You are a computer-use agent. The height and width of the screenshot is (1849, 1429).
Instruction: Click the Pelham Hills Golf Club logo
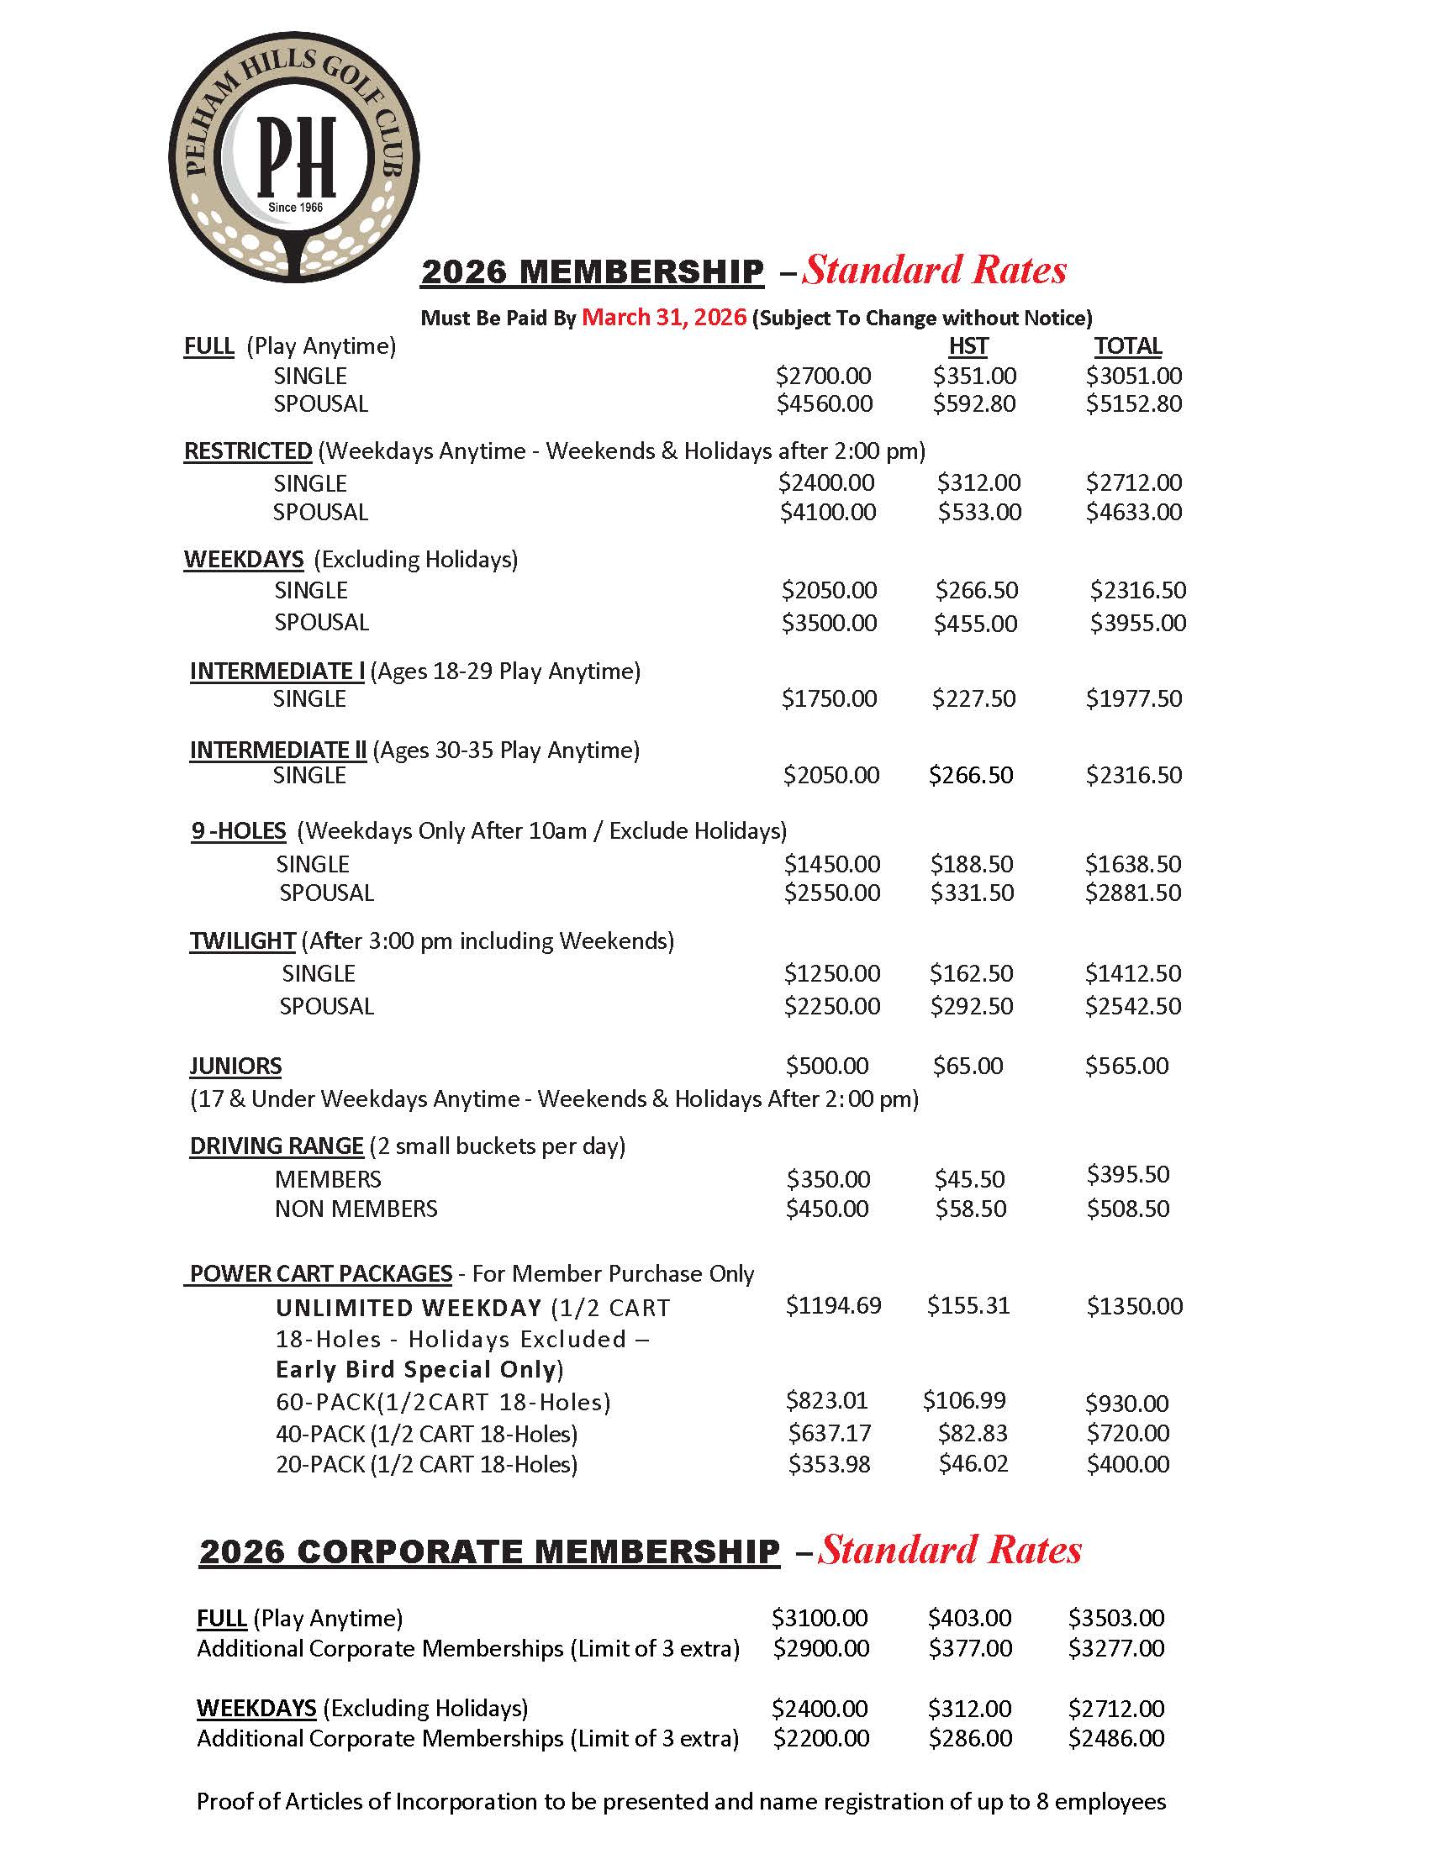pyautogui.click(x=293, y=156)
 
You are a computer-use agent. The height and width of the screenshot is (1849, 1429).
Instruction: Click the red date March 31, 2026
pyautogui.click(x=664, y=318)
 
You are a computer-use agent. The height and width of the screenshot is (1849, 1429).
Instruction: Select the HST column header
pyautogui.click(x=968, y=346)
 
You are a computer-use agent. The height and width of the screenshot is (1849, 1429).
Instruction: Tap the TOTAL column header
pyautogui.click(x=1127, y=346)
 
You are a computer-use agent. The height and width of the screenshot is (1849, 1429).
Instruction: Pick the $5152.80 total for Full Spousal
pyautogui.click(x=1134, y=403)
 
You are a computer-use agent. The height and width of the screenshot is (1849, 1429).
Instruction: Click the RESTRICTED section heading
pyautogui.click(x=248, y=451)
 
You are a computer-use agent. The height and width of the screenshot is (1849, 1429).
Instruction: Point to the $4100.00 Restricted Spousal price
pyautogui.click(x=827, y=512)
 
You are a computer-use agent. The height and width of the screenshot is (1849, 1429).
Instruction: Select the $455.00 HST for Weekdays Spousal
pyautogui.click(x=975, y=624)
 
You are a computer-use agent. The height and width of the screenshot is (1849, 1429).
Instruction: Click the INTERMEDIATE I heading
pyautogui.click(x=277, y=672)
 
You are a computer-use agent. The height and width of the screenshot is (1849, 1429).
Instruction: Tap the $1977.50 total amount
pyautogui.click(x=1134, y=698)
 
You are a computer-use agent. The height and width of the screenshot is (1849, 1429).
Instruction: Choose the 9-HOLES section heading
pyautogui.click(x=239, y=830)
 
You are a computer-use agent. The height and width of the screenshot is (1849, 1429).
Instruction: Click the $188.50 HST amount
pyautogui.click(x=971, y=864)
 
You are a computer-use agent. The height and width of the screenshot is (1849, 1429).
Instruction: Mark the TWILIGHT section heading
pyautogui.click(x=242, y=941)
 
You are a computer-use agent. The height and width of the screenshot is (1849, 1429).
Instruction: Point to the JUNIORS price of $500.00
pyautogui.click(x=826, y=1066)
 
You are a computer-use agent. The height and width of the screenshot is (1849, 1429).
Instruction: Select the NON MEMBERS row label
pyautogui.click(x=356, y=1209)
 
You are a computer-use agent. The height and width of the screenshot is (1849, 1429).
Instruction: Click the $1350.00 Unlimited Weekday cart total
pyautogui.click(x=1135, y=1306)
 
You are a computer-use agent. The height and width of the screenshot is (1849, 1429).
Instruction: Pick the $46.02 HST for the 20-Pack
pyautogui.click(x=973, y=1464)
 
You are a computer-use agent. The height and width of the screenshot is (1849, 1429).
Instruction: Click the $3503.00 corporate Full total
pyautogui.click(x=1115, y=1618)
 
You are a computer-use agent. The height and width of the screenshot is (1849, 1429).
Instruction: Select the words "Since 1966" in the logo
pyautogui.click(x=295, y=208)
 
